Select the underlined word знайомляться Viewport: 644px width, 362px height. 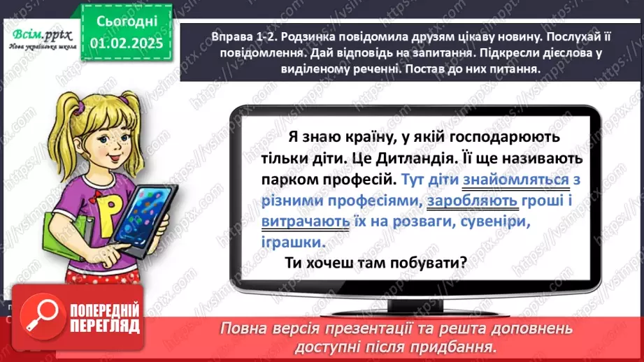(515, 180)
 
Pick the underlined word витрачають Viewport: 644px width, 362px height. (306, 222)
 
